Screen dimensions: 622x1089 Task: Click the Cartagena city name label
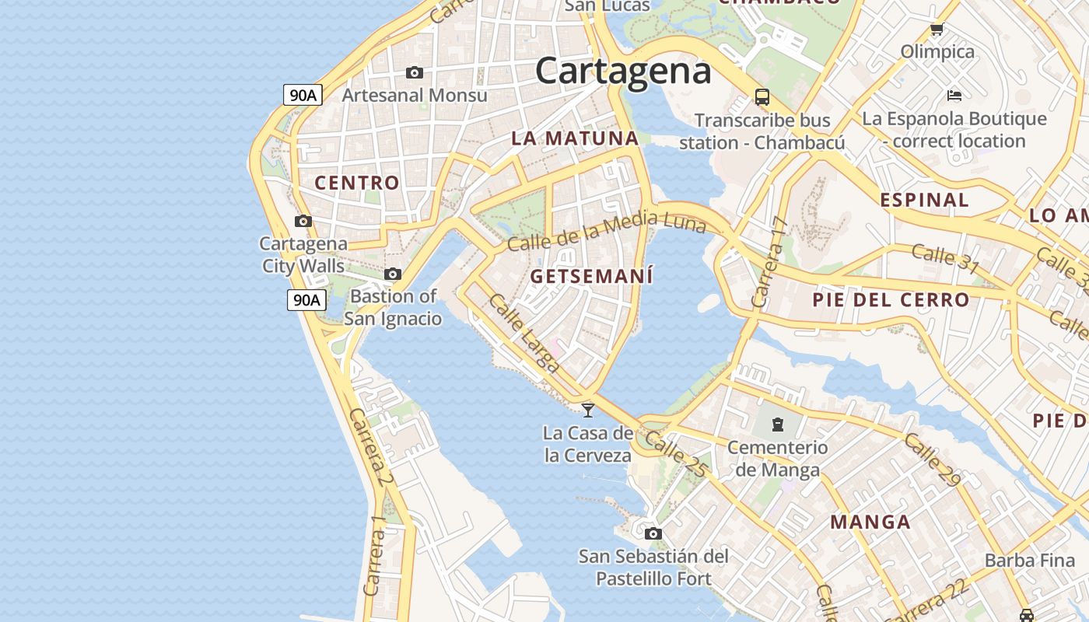tap(623, 72)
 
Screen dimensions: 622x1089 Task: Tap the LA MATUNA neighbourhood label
tap(575, 139)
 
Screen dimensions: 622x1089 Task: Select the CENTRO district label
tap(357, 183)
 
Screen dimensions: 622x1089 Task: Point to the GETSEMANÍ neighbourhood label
tap(592, 277)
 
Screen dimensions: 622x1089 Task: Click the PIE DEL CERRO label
tap(891, 300)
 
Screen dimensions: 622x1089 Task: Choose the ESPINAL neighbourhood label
tap(924, 200)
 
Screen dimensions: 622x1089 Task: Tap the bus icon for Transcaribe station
tap(762, 97)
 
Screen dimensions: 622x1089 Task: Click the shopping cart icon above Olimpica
tap(937, 30)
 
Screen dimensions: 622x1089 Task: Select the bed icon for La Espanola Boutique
tap(954, 96)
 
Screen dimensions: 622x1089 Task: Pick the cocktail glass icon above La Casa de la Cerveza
tap(588, 410)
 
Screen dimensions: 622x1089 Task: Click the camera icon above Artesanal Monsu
tap(415, 72)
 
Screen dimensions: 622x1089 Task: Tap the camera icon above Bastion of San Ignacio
tap(393, 274)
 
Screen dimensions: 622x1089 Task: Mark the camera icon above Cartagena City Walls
tap(303, 221)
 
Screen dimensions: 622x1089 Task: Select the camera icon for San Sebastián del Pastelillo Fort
tap(653, 533)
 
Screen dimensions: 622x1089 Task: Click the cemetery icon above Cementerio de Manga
tap(777, 425)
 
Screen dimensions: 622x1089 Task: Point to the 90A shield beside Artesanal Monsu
tap(303, 96)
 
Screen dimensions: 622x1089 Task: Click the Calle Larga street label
tap(523, 333)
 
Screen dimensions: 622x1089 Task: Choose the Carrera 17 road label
tap(771, 261)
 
